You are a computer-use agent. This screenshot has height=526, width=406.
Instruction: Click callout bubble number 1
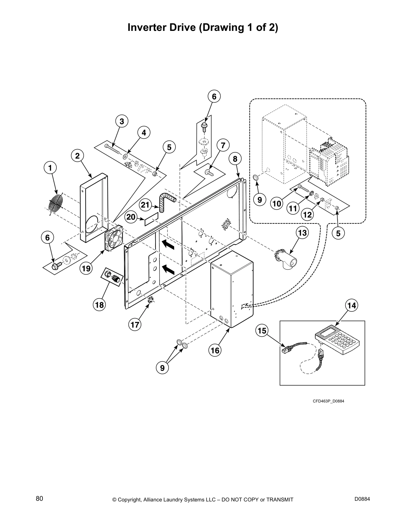[x=50, y=168]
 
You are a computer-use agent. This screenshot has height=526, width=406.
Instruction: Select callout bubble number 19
[x=86, y=268]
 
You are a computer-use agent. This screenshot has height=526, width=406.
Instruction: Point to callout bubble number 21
[x=145, y=205]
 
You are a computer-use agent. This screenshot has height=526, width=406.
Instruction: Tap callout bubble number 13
[x=303, y=233]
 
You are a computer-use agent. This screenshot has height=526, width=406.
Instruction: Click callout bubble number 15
[x=262, y=330]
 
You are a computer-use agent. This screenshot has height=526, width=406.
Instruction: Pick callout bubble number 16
[x=215, y=350]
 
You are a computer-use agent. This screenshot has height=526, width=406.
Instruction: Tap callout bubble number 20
[x=131, y=217]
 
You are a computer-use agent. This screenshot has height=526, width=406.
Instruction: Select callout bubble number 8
[x=235, y=159]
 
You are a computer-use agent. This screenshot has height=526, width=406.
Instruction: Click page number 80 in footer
[x=39, y=499]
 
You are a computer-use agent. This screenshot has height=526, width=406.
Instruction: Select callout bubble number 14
[x=352, y=305]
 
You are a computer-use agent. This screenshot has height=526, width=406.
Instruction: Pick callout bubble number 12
[x=307, y=215]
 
